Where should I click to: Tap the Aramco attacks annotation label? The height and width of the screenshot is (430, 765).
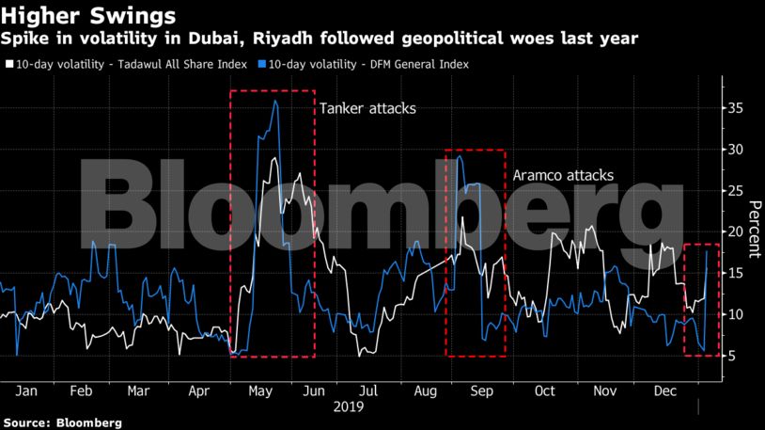tap(562, 175)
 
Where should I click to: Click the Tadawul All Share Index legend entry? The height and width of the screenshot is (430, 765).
tap(131, 65)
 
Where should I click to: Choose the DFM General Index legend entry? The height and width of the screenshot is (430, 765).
tap(368, 65)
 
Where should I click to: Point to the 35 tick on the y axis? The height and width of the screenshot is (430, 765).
tap(738, 109)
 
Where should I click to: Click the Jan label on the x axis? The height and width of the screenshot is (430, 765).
tap(26, 390)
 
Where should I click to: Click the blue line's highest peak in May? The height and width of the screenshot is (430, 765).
tap(274, 101)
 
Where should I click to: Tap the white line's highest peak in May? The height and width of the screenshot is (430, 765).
tap(273, 158)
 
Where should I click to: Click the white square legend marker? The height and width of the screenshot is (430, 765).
tap(8, 65)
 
